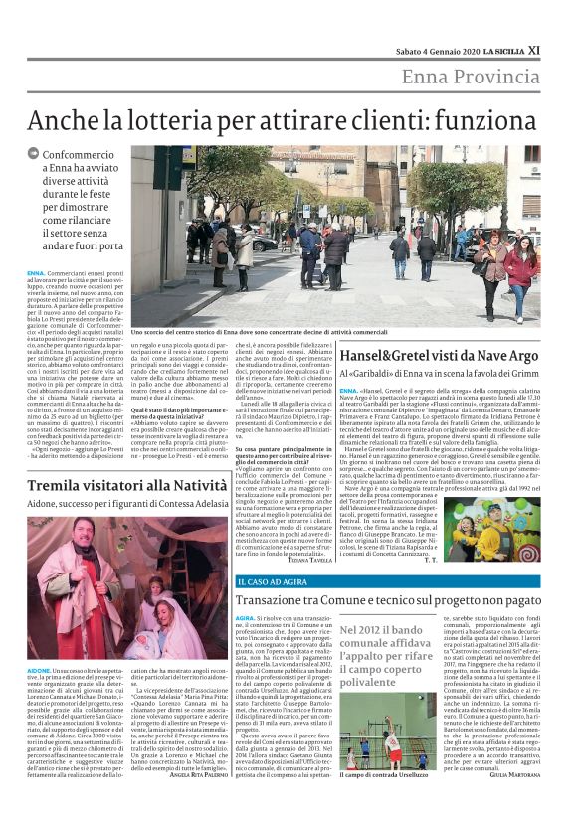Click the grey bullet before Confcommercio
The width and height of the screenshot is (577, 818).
(x=35, y=156)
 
